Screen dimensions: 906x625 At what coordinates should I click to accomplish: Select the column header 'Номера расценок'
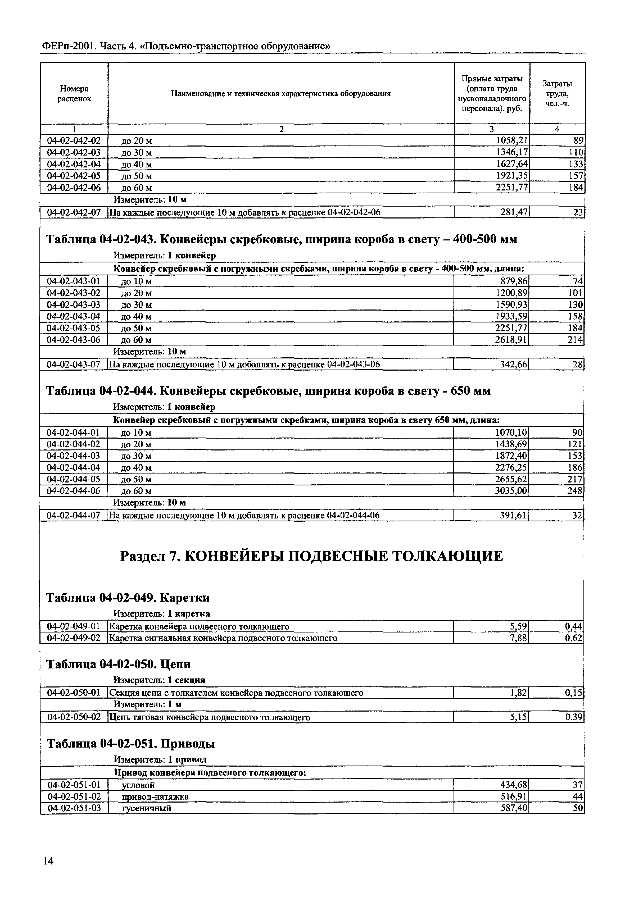(74, 94)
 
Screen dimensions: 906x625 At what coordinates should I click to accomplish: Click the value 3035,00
(511, 491)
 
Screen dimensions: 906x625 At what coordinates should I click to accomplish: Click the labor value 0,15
(573, 693)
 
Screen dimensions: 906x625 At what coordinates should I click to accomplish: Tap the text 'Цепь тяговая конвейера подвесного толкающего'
(210, 717)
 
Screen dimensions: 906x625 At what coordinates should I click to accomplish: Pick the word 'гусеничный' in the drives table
(147, 808)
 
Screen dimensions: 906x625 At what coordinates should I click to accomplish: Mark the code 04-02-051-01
(74, 785)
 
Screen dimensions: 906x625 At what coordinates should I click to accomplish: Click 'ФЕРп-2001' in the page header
(68, 47)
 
